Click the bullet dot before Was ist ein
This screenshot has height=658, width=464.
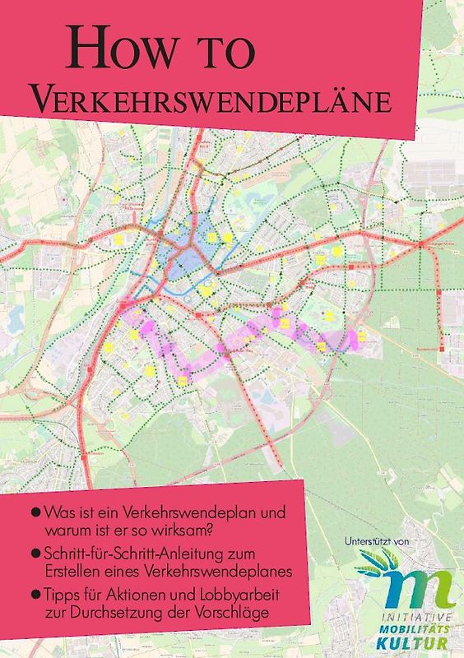pyautogui.click(x=35, y=512)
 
